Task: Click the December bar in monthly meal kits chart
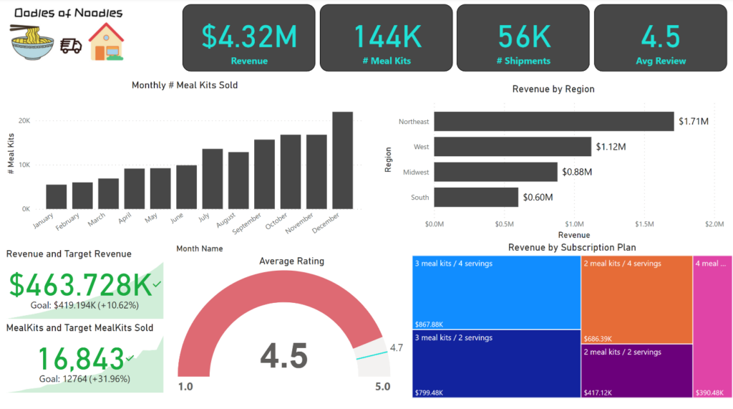click(342, 160)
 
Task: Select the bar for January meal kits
click(57, 197)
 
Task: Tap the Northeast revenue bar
click(554, 122)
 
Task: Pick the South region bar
click(476, 197)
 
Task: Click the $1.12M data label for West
click(611, 147)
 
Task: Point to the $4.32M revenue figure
click(248, 35)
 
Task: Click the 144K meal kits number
click(386, 35)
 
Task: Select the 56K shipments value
click(523, 35)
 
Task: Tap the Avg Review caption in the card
click(661, 61)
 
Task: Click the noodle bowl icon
click(32, 42)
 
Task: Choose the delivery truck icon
click(71, 46)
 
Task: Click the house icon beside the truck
click(105, 42)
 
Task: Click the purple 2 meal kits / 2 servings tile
click(636, 371)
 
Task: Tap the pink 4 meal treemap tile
click(712, 326)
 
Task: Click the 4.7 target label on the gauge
click(397, 348)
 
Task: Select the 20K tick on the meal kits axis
click(24, 120)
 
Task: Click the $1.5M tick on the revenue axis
click(644, 224)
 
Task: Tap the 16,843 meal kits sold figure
click(80, 359)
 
